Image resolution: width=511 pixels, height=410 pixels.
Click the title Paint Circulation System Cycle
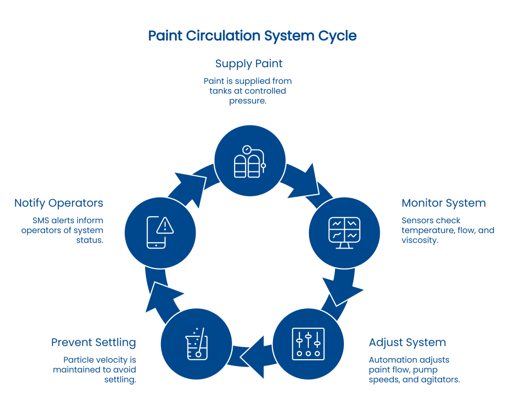click(x=252, y=36)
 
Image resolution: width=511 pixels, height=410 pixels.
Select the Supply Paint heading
click(x=249, y=64)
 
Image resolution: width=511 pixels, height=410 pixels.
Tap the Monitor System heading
click(x=443, y=203)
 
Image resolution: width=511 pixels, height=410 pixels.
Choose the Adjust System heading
click(x=407, y=343)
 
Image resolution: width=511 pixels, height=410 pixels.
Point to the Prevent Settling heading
click(x=93, y=343)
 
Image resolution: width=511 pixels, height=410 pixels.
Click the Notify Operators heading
click(x=58, y=203)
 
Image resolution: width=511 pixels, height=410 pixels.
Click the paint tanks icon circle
click(x=250, y=160)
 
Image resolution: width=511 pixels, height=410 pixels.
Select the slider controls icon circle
click(x=308, y=344)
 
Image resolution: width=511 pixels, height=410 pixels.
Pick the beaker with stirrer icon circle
click(x=197, y=344)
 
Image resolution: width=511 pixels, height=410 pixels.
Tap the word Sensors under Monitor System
click(x=416, y=220)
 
